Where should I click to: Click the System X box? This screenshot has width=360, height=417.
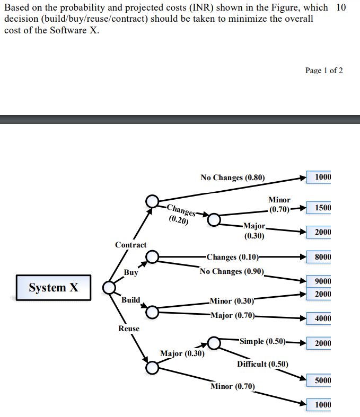[x=53, y=288]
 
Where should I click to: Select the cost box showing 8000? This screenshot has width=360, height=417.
[x=322, y=257]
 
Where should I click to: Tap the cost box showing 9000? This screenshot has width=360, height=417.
[x=322, y=281]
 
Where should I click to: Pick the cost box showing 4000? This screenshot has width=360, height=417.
[x=322, y=318]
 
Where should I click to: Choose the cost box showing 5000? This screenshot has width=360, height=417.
[x=322, y=380]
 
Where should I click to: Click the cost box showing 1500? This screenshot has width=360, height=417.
[x=322, y=207]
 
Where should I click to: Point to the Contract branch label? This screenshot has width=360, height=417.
[x=131, y=245]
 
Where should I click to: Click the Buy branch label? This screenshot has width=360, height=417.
[x=131, y=272]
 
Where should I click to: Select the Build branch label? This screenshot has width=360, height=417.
[x=130, y=300]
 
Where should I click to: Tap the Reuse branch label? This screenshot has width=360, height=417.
[x=129, y=329]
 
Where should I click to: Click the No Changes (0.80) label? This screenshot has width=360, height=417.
[x=232, y=178]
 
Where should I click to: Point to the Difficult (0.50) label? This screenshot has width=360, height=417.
[x=262, y=364]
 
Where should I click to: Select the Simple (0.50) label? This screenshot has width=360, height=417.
[x=263, y=341]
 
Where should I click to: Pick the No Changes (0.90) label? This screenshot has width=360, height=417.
[x=232, y=271]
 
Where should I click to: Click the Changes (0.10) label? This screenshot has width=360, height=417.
[x=232, y=257]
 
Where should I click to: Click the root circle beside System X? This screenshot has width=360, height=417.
[x=109, y=287]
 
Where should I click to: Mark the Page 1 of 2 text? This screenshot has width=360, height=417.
[x=324, y=70]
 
